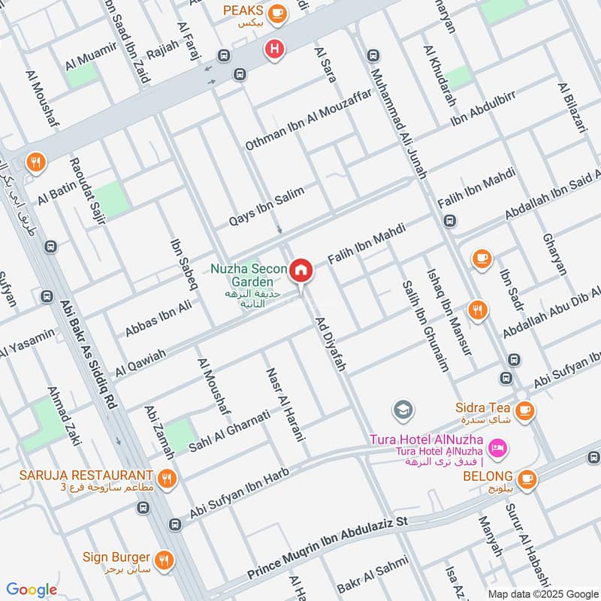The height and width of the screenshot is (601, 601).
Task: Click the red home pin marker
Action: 301,270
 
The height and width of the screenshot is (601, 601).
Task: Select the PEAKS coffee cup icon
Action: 277,11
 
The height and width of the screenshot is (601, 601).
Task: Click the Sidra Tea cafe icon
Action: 524,410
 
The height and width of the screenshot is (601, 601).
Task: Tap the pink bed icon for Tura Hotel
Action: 497,448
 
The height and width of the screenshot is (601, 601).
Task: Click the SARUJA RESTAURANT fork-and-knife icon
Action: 167,476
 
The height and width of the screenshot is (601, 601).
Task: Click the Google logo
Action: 32,590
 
